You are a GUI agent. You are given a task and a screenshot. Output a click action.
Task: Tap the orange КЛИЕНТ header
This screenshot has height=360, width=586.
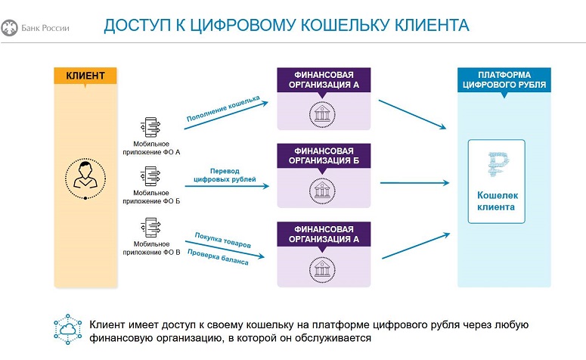click(85, 76)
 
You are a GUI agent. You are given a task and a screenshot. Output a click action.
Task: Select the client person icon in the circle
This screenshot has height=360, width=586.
click(85, 176)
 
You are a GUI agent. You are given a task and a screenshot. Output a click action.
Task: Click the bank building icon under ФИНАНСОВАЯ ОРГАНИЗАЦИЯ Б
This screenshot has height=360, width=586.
click(323, 191)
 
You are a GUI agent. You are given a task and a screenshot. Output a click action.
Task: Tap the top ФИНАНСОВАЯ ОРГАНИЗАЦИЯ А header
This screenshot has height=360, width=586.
click(323, 80)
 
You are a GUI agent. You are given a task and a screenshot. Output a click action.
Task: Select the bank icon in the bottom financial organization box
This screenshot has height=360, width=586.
click(323, 268)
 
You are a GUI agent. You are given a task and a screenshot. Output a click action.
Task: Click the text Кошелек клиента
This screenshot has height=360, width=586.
click(497, 200)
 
